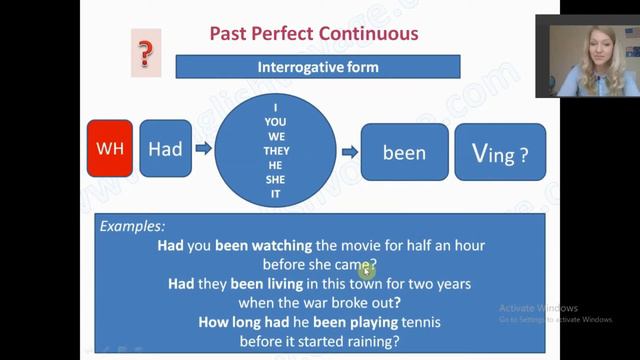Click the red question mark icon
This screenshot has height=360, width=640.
pyautogui.click(x=145, y=53)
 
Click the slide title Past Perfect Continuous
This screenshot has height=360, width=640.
pyautogui.click(x=314, y=33)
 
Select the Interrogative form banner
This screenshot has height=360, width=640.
pyautogui.click(x=318, y=67)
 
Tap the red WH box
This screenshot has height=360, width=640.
pyautogui.click(x=109, y=149)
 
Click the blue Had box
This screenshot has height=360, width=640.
pyautogui.click(x=165, y=149)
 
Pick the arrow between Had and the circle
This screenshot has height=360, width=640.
pyautogui.click(x=202, y=149)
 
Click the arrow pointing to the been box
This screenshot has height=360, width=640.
pyautogui.click(x=349, y=152)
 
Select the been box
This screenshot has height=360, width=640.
pyautogui.click(x=404, y=152)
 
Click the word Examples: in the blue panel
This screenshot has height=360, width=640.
pyautogui.click(x=133, y=227)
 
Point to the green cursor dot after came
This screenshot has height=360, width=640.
pyautogui.click(x=367, y=269)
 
